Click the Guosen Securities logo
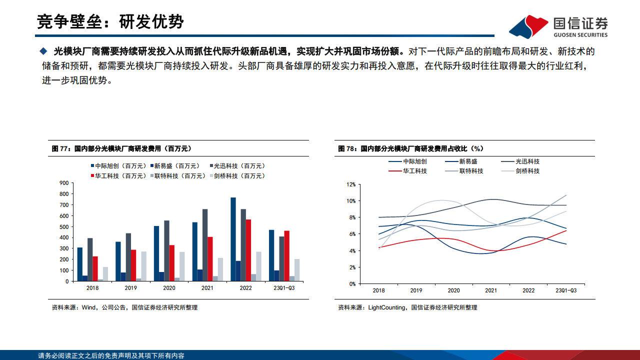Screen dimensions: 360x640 [558, 26]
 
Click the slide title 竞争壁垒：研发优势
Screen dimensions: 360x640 [110, 21]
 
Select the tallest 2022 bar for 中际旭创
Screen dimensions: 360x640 [233, 239]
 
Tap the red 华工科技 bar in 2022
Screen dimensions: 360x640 [248, 250]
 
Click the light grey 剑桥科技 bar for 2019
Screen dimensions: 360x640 [143, 266]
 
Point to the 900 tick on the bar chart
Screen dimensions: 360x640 [64, 182]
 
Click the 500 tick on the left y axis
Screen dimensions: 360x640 [64, 226]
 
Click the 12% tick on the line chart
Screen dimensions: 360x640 [350, 184]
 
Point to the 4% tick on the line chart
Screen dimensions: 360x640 [351, 250]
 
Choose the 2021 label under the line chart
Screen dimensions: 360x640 [491, 290]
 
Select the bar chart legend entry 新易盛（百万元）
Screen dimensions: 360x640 [176, 166]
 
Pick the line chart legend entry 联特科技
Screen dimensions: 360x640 [471, 171]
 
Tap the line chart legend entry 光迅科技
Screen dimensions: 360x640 [527, 161]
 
